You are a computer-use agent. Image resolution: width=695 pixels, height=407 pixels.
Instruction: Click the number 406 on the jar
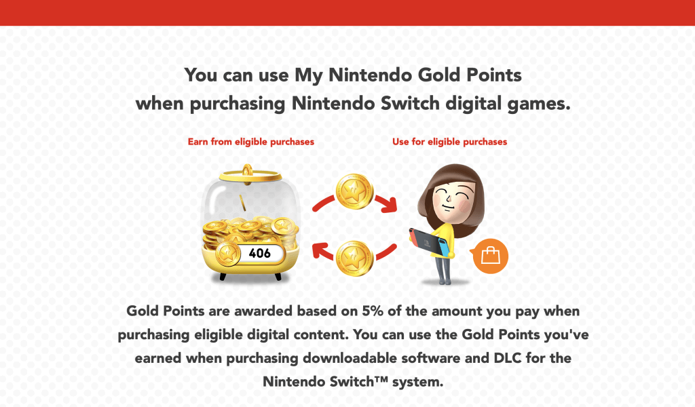point(259,254)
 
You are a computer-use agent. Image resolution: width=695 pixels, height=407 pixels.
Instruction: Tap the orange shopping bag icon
point(490,256)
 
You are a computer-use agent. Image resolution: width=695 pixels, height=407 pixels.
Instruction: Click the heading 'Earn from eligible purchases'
point(251,142)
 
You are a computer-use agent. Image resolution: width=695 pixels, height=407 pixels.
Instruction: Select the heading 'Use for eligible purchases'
point(449,142)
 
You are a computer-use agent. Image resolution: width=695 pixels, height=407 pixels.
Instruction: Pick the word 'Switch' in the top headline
point(415,105)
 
